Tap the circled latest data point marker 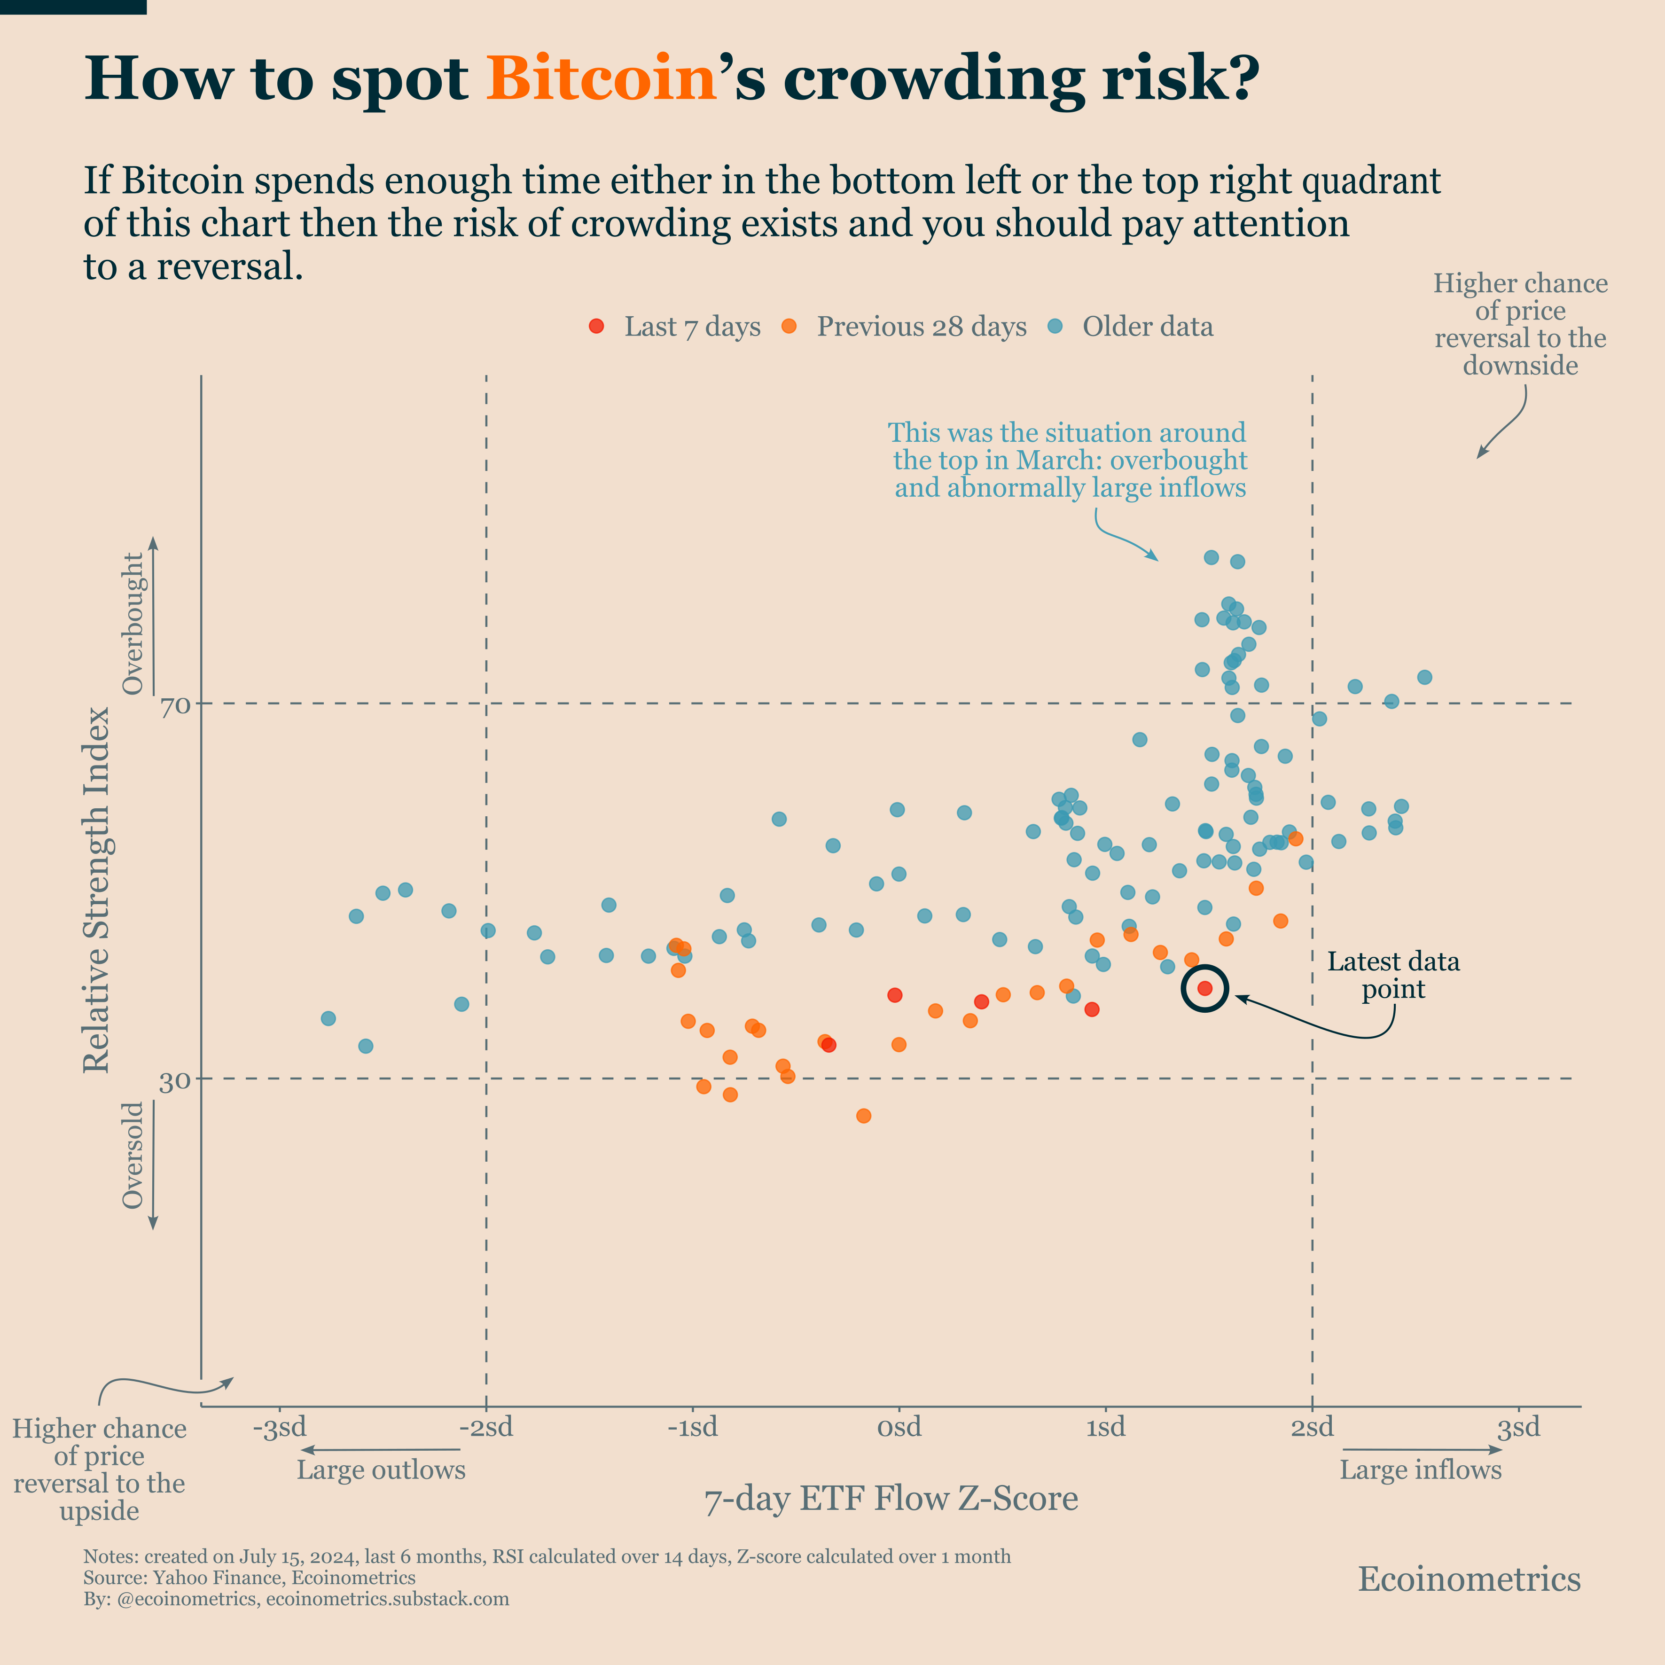1205,988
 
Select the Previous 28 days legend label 921,327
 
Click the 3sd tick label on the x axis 1518,1427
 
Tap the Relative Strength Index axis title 96,890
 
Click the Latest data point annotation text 1393,975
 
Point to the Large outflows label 381,1470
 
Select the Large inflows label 1420,1470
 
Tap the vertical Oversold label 133,1155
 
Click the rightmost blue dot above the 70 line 1424,677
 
